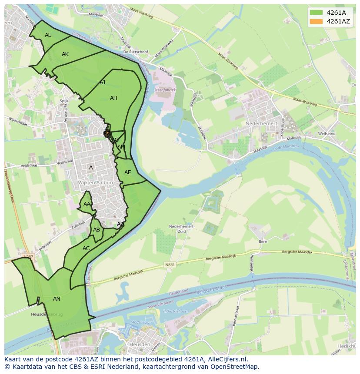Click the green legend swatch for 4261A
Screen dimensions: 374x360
click(x=316, y=13)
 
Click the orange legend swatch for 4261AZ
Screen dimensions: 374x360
click(x=316, y=21)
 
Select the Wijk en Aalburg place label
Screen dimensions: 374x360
click(x=97, y=183)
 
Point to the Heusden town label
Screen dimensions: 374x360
click(x=140, y=344)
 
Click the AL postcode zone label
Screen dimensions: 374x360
click(x=48, y=35)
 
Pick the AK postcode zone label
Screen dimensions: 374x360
click(x=65, y=54)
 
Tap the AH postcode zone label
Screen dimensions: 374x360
click(x=113, y=98)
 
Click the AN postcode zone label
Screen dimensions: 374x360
click(x=57, y=299)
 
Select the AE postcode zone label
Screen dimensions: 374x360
click(x=127, y=172)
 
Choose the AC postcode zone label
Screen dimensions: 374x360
click(x=86, y=248)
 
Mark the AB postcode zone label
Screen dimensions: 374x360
click(x=97, y=230)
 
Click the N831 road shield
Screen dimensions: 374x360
click(x=170, y=265)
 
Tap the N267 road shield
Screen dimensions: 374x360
click(x=28, y=257)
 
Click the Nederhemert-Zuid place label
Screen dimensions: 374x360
click(x=182, y=229)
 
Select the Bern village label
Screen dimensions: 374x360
click(x=263, y=242)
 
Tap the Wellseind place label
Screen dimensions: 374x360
click(x=327, y=134)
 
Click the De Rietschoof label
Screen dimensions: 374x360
click(x=136, y=52)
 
